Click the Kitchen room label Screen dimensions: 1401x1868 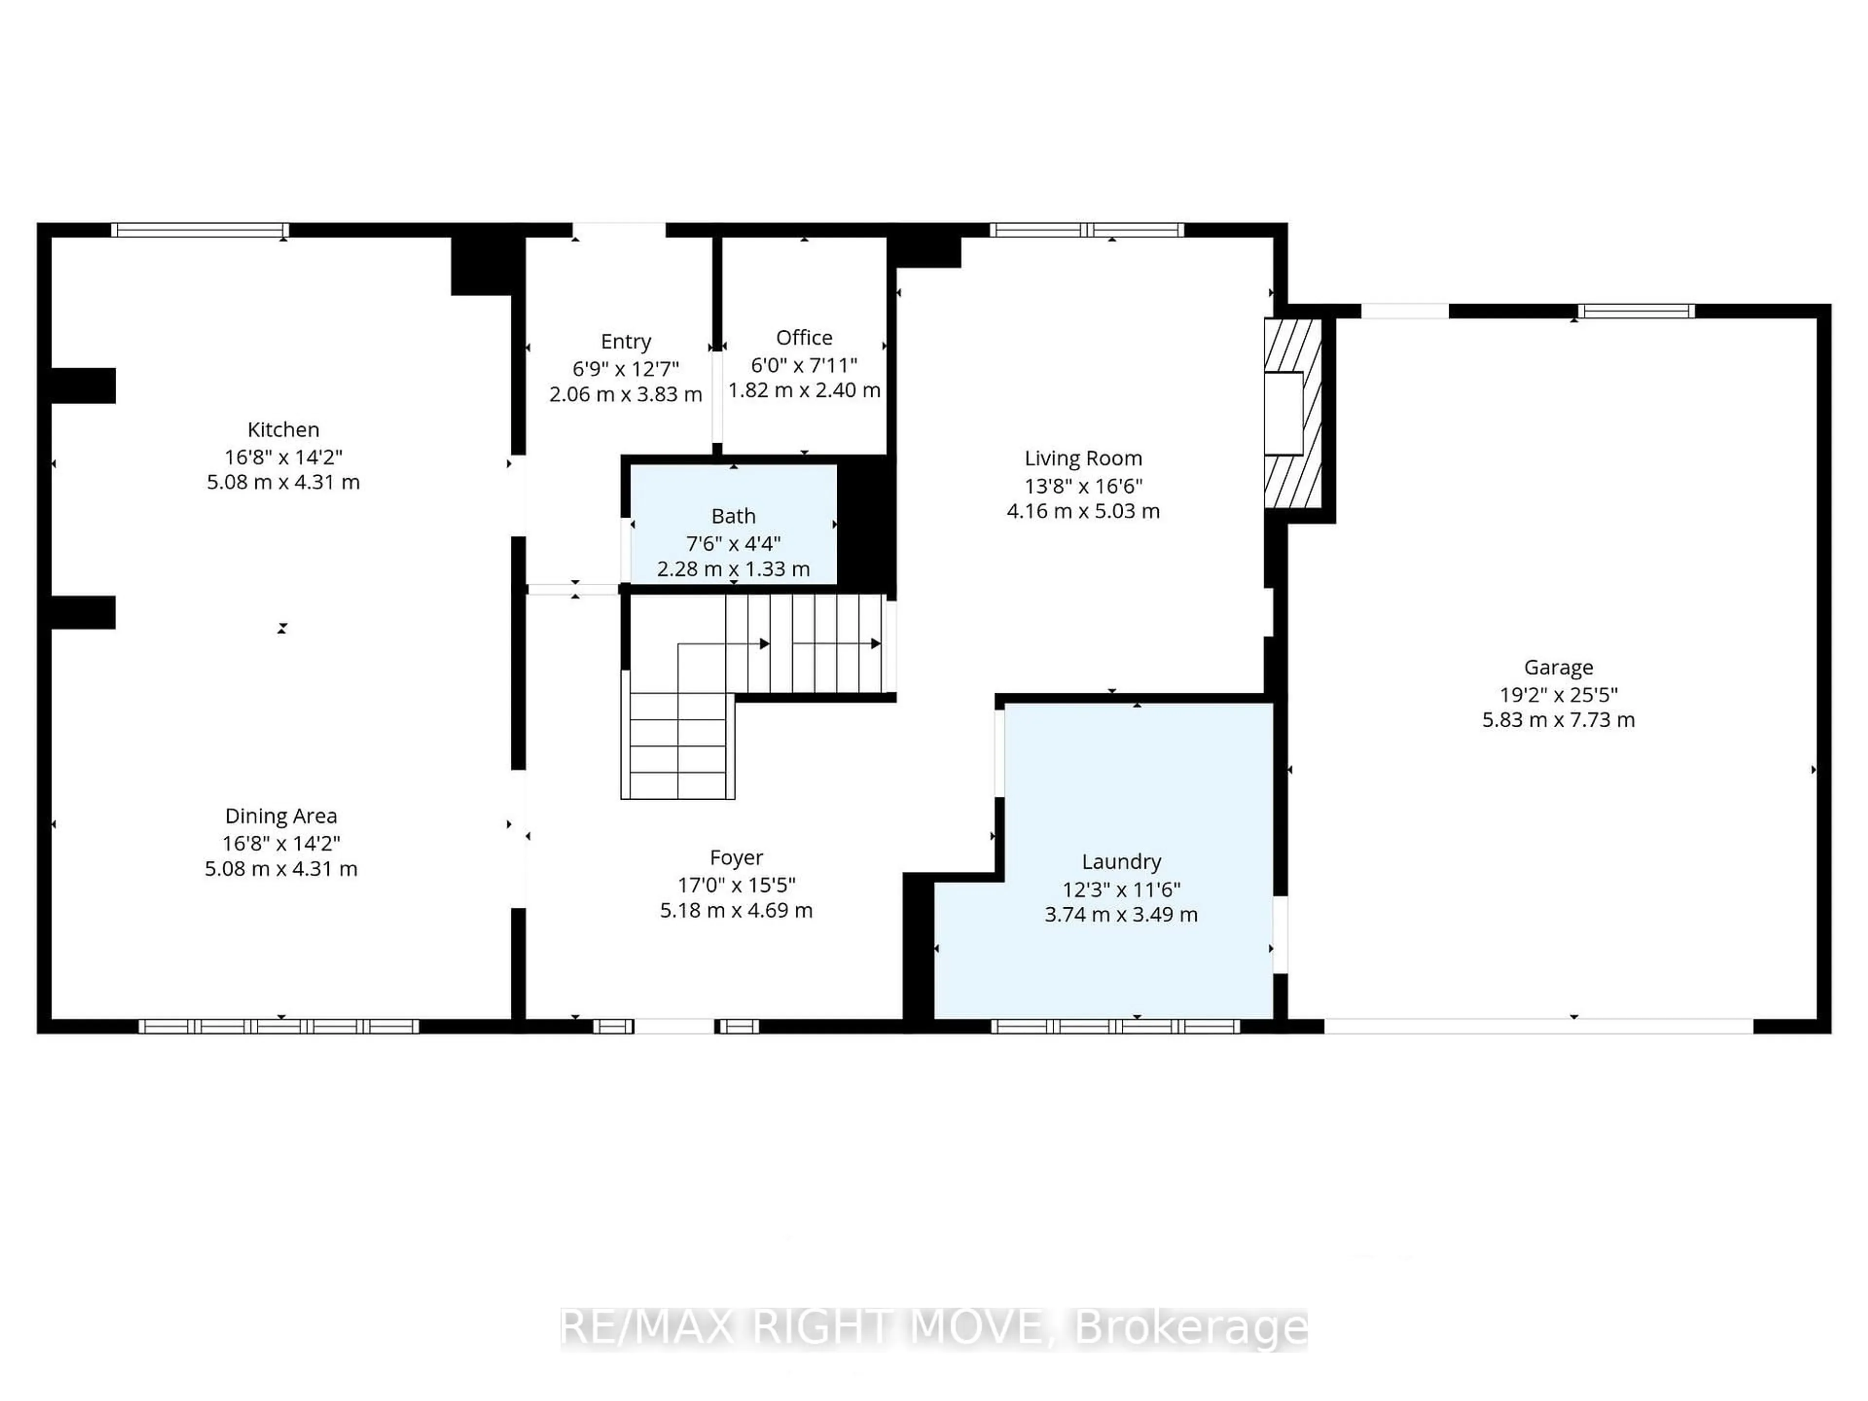pyautogui.click(x=283, y=430)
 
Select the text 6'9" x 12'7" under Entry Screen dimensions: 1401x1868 pyautogui.click(x=625, y=369)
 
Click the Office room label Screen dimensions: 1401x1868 pyautogui.click(x=804, y=338)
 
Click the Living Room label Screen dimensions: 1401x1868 pyautogui.click(x=1083, y=459)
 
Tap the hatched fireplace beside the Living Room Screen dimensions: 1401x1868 pyautogui.click(x=1292, y=413)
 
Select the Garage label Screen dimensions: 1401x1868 pyautogui.click(x=1558, y=667)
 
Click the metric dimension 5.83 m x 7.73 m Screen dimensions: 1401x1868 pyautogui.click(x=1558, y=720)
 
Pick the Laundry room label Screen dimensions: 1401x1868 pyautogui.click(x=1121, y=862)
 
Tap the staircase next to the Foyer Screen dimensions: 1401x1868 pyautogui.click(x=752, y=676)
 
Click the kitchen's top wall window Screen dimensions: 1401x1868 pyautogui.click(x=199, y=230)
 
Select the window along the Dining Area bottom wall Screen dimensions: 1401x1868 pyautogui.click(x=279, y=1026)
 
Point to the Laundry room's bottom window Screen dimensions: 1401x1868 pyautogui.click(x=1115, y=1026)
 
